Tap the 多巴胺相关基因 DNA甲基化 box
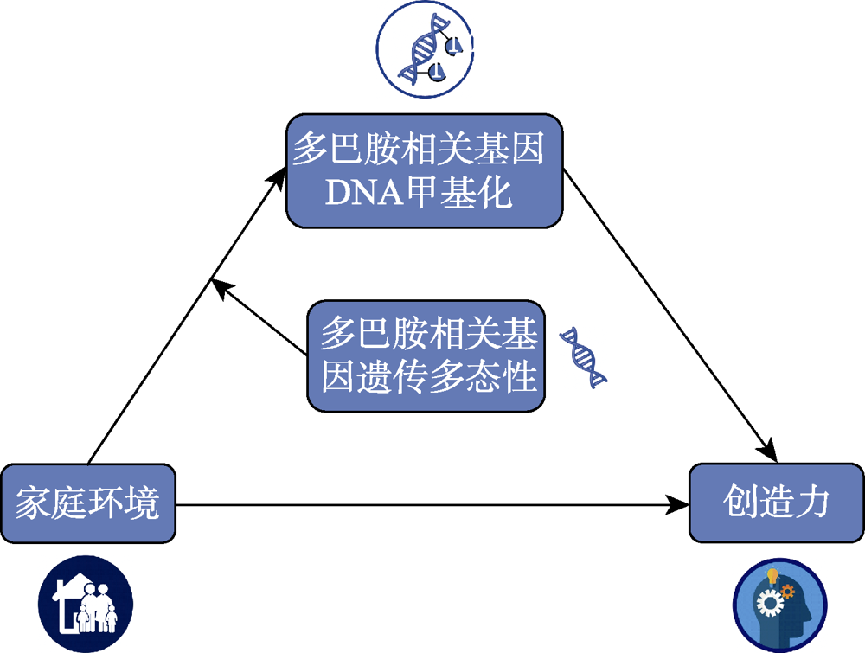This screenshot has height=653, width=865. [424, 171]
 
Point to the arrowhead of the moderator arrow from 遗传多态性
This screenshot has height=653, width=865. [221, 288]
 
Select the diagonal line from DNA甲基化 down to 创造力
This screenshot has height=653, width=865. [666, 311]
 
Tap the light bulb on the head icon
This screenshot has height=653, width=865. [773, 576]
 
